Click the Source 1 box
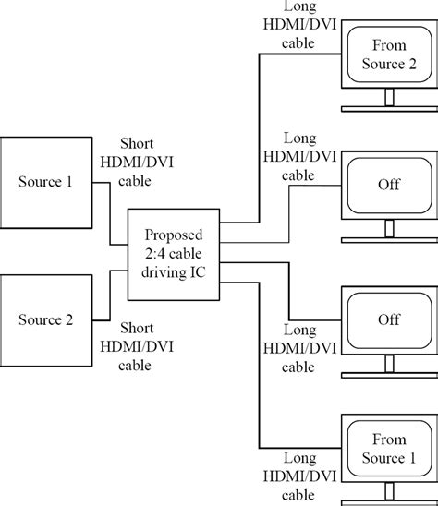[46, 181]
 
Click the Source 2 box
[46, 319]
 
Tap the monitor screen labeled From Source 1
[388, 451]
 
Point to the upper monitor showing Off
[388, 185]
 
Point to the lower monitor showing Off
[388, 319]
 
